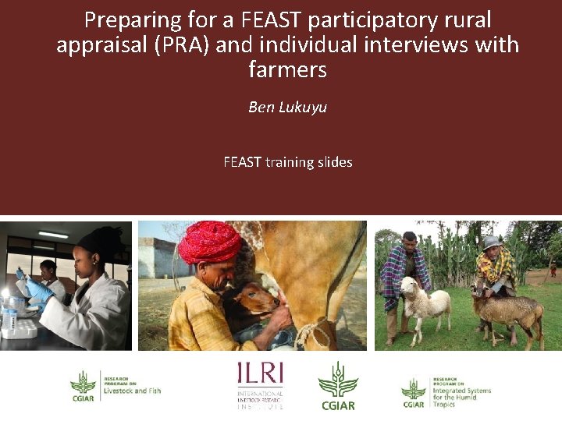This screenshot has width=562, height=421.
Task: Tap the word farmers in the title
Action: tap(287, 69)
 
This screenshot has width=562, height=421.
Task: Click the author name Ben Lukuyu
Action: tap(287, 108)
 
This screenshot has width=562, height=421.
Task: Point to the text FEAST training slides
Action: tap(287, 162)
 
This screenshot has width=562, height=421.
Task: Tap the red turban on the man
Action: tap(209, 242)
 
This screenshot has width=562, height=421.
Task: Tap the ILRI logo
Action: tap(260, 384)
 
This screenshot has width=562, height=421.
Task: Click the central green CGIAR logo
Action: tap(338, 385)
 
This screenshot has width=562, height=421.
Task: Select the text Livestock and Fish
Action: tap(132, 390)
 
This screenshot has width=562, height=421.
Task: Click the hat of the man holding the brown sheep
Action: tap(489, 242)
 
